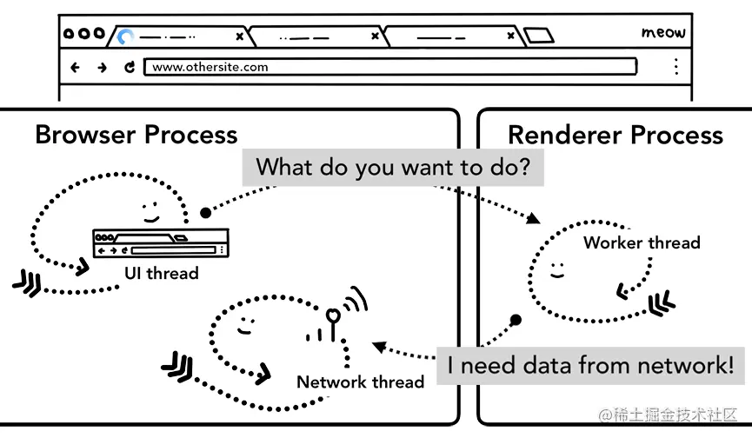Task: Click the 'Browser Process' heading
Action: (136, 135)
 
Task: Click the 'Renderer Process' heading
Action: (615, 135)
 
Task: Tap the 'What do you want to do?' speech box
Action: (392, 167)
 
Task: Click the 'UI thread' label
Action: (161, 274)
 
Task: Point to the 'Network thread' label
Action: (360, 382)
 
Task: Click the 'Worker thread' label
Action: (642, 242)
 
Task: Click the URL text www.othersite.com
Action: (210, 67)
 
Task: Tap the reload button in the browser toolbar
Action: (130, 67)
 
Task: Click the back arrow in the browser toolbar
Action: (75, 67)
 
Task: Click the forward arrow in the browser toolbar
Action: (102, 67)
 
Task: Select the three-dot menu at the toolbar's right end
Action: (676, 67)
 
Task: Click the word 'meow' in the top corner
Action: (663, 33)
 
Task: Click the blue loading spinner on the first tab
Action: (126, 36)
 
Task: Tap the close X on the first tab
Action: (240, 36)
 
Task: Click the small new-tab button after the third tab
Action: (539, 36)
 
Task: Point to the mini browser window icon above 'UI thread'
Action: (161, 243)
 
